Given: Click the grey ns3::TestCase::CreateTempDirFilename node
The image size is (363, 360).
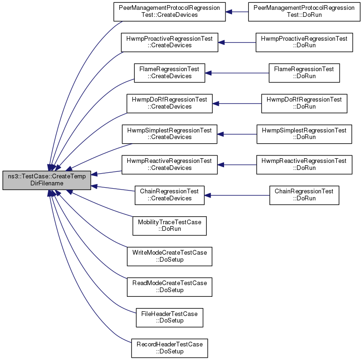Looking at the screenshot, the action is (47, 180).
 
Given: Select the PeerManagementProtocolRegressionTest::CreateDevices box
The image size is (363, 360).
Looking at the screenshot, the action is (169, 12).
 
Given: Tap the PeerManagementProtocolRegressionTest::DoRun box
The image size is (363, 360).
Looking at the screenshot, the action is (304, 12).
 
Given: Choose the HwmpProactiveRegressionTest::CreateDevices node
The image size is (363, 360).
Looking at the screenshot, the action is (169, 43).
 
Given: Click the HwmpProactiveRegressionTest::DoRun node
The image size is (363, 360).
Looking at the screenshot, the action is (304, 43).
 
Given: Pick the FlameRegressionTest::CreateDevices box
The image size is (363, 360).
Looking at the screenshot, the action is (169, 73).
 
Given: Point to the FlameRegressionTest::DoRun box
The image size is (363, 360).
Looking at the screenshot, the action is (304, 73).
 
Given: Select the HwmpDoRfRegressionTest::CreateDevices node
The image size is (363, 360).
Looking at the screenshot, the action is (169, 103).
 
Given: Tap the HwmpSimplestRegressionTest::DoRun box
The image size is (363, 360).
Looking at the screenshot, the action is (304, 134).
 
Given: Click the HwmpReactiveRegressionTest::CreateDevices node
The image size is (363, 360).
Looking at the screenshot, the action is (169, 165).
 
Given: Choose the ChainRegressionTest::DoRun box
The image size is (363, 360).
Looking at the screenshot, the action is (304, 195).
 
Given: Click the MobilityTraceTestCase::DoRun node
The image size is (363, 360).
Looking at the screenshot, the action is (169, 226).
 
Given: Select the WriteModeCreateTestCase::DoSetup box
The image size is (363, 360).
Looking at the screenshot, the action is (169, 257).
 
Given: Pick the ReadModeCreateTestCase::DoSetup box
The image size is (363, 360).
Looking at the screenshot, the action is (169, 287).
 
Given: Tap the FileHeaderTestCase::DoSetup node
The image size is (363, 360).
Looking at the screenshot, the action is (169, 317).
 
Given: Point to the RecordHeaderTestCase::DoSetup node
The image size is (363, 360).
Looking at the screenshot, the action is (169, 348).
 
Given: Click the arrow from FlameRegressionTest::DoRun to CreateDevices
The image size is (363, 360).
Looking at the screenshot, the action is (237, 73).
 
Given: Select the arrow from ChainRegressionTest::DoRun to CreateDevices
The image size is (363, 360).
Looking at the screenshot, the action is (237, 195).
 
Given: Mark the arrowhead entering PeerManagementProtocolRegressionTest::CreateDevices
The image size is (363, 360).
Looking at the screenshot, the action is (229, 12).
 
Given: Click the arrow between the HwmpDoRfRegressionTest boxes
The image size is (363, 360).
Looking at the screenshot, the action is (237, 103).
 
